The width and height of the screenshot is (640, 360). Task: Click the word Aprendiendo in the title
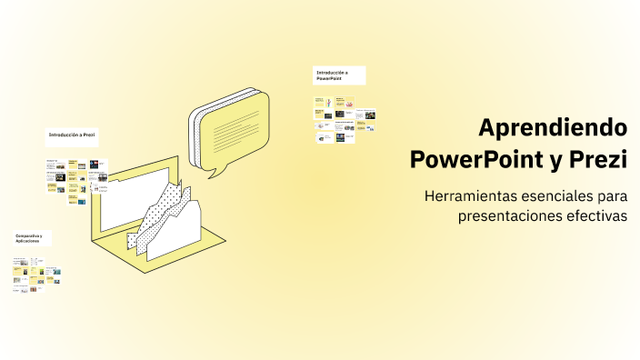(553, 127)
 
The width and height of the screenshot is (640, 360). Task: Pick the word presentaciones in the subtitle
(509, 216)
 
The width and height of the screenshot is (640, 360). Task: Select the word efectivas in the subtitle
(596, 216)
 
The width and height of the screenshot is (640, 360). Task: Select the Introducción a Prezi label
(72, 135)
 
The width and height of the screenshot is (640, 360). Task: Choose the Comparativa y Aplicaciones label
(33, 238)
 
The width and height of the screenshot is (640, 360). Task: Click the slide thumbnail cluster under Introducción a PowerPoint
(345, 119)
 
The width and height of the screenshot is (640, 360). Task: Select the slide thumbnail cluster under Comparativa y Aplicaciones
(36, 276)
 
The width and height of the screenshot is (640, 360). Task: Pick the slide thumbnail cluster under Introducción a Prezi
(76, 182)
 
